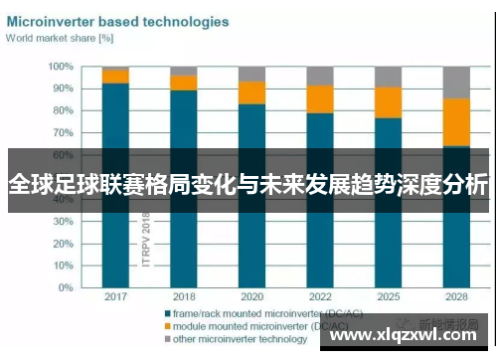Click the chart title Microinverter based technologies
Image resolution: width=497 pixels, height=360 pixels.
click(x=118, y=21)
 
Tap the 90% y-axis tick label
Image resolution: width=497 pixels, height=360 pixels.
click(x=62, y=89)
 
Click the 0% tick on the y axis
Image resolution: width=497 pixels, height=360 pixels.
click(x=66, y=288)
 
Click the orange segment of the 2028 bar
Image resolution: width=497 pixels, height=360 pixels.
click(x=456, y=121)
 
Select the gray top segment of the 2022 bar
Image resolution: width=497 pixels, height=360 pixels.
click(x=319, y=76)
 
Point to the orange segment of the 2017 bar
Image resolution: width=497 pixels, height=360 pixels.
click(x=115, y=77)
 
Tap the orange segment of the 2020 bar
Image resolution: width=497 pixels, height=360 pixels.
click(x=251, y=92)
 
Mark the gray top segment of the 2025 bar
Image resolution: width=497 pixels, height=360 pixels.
click(x=388, y=77)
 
